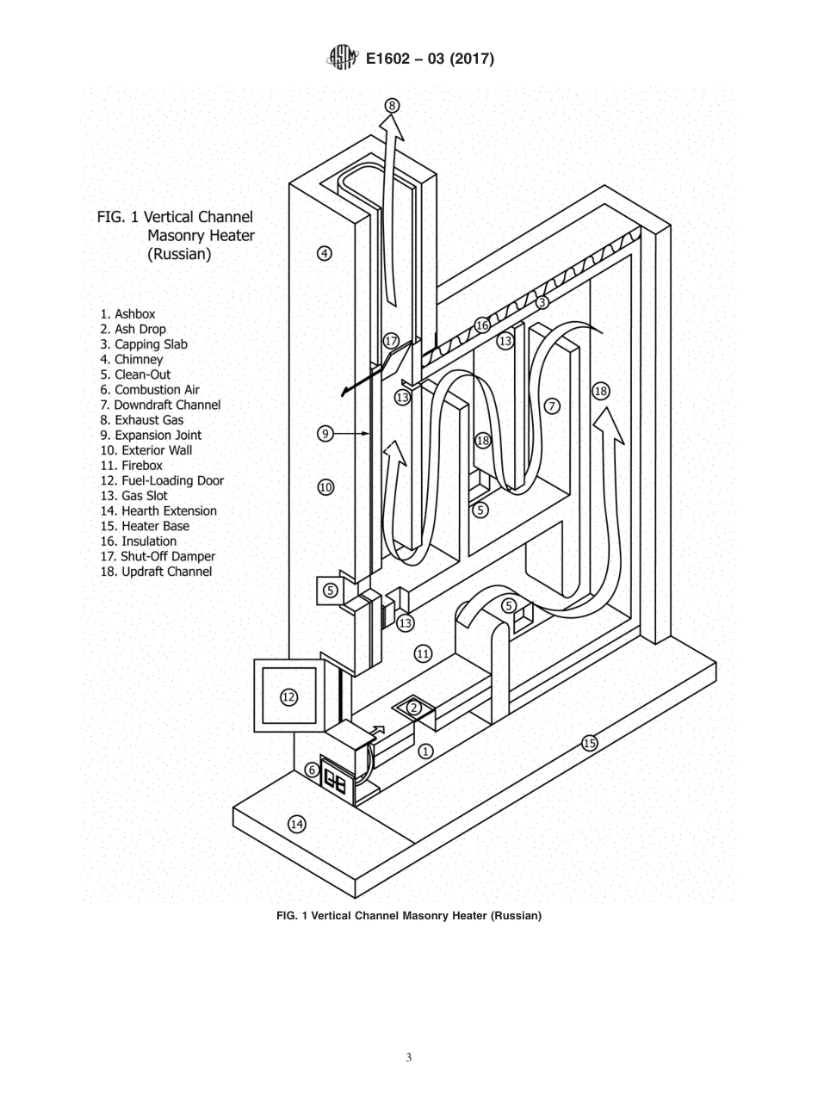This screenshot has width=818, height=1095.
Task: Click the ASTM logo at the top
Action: click(342, 58)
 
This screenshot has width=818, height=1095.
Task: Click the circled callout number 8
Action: click(392, 106)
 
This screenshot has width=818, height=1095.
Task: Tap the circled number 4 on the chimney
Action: click(325, 253)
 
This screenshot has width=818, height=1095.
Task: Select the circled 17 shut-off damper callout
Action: click(392, 341)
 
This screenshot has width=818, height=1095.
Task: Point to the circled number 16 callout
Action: click(482, 325)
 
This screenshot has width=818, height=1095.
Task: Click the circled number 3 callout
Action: click(542, 302)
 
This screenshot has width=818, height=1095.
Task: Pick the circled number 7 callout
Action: click(552, 406)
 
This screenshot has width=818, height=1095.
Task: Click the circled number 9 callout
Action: click(325, 434)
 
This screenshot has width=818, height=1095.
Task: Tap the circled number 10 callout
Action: click(325, 487)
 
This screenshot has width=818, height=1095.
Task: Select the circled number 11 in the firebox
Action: click(423, 653)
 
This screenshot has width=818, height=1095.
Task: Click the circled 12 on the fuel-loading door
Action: click(289, 697)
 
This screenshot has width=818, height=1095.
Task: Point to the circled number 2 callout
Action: click(413, 708)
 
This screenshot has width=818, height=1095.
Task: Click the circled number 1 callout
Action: click(425, 752)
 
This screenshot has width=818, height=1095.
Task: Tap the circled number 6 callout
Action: click(312, 770)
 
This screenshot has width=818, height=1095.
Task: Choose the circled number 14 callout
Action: click(297, 824)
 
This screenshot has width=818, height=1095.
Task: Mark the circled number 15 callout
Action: click(590, 744)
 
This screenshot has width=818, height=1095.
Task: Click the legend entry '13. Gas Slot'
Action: click(133, 496)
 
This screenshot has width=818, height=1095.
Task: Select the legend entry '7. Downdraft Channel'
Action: click(160, 405)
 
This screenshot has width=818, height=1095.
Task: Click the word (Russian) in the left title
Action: click(179, 254)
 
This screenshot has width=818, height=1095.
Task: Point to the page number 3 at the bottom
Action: click(408, 1058)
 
